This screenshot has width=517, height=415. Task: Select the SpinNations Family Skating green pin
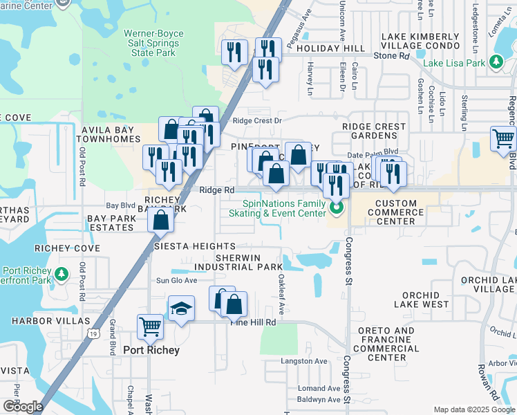click(337, 207)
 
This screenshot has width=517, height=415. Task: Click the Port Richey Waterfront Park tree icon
click(62, 275)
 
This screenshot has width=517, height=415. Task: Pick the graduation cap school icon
click(181, 308)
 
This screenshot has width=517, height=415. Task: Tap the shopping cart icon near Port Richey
click(150, 326)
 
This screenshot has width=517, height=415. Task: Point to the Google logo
click(22, 406)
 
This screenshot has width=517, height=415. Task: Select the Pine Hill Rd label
click(254, 322)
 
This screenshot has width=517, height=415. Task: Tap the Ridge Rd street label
click(217, 190)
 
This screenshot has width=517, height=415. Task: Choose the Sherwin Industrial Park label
click(249, 262)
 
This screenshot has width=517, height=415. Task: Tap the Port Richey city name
click(151, 350)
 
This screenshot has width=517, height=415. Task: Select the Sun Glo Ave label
click(176, 280)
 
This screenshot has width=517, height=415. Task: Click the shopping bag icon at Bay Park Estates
click(160, 221)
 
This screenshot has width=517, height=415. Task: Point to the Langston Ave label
click(303, 361)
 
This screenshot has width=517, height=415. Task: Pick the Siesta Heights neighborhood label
click(195, 246)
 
